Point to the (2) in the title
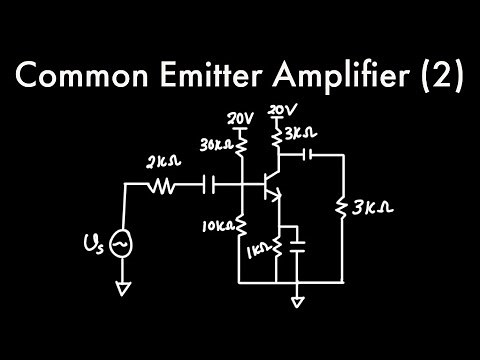coord(441,77)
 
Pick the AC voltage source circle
coord(122,243)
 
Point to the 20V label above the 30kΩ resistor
coord(240,117)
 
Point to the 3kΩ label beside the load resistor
coord(372,208)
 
